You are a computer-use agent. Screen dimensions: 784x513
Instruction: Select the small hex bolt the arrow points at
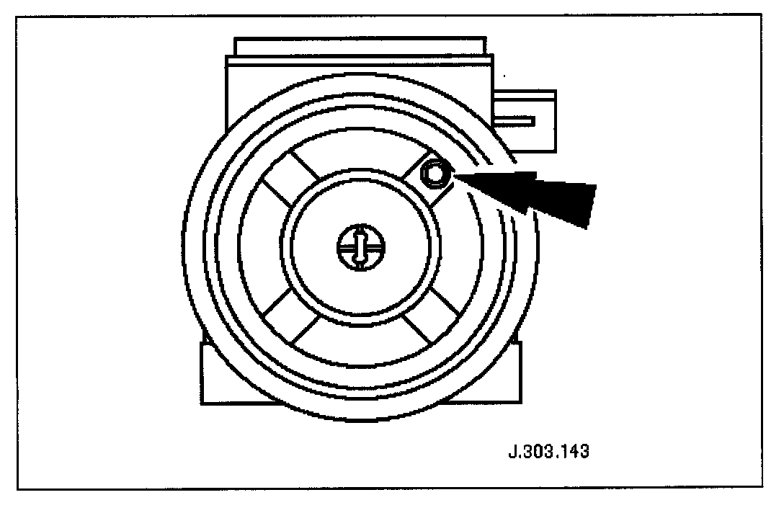(435, 173)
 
